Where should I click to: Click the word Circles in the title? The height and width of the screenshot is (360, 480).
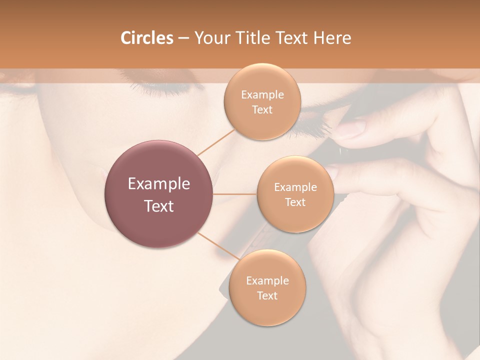[146, 38]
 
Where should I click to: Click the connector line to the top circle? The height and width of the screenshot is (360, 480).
[216, 142]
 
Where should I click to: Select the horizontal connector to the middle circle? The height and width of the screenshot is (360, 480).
[235, 194]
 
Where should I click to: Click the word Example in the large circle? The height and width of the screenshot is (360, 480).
[159, 184]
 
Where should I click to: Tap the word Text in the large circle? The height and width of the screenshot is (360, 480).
[159, 206]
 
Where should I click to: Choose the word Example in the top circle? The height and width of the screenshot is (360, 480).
[262, 95]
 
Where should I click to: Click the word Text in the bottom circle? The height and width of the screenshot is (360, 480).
[267, 295]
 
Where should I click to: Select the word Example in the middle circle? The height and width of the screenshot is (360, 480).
[295, 187]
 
